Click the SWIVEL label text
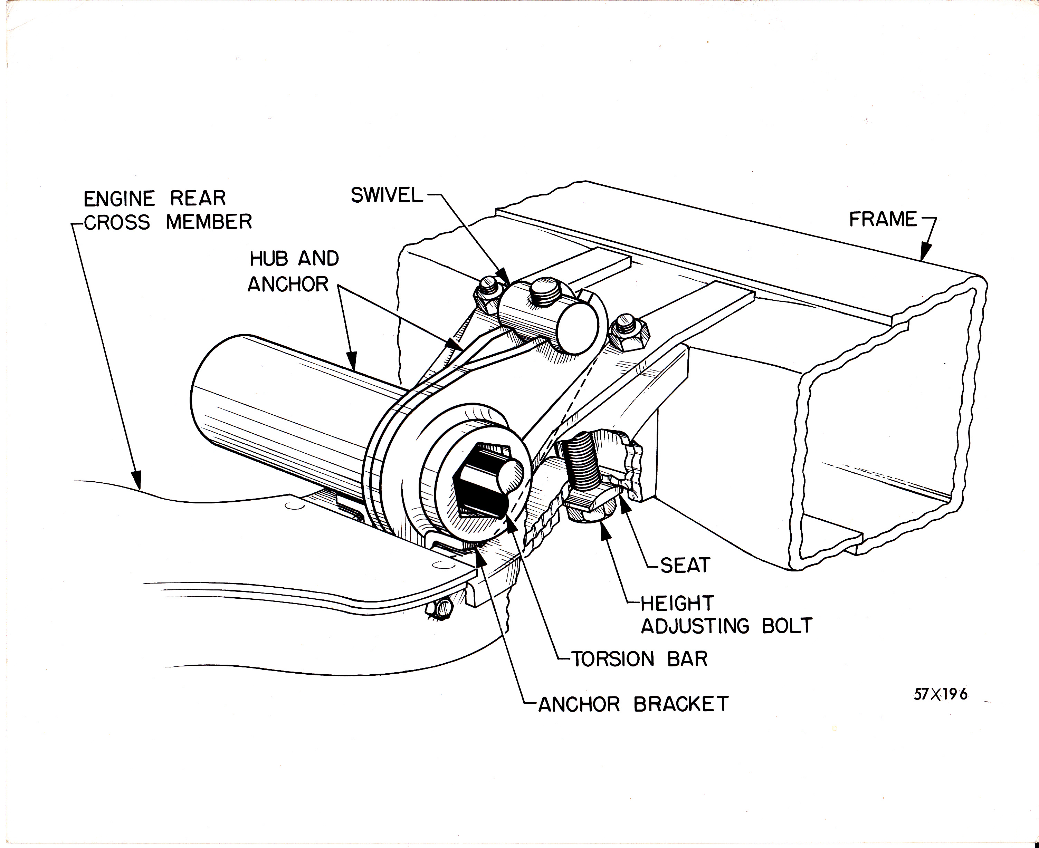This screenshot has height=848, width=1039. click(387, 196)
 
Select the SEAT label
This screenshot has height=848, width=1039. click(684, 566)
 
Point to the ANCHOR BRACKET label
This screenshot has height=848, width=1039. click(633, 704)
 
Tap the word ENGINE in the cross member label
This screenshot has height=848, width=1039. click(119, 199)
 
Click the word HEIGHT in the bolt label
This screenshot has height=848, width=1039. click(677, 604)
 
